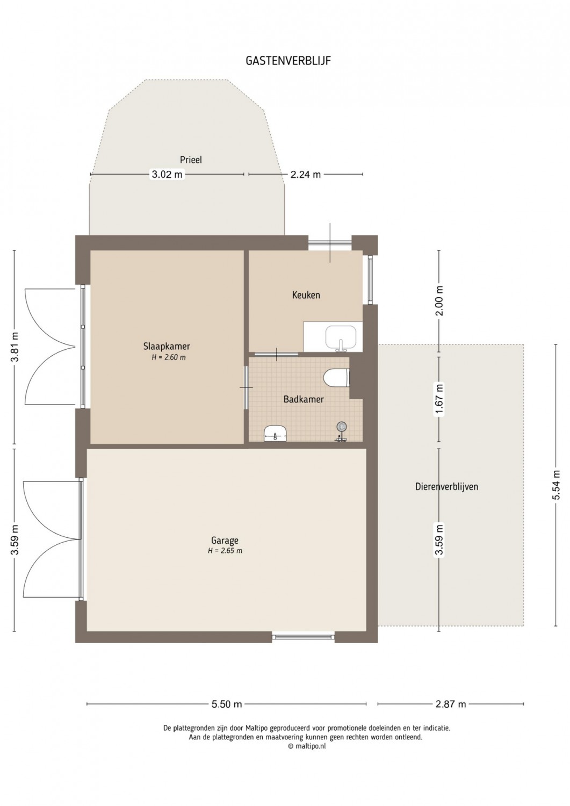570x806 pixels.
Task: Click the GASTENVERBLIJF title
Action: coord(288,61)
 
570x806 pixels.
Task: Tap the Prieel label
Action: coord(191,160)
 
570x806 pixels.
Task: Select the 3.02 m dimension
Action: coord(167,175)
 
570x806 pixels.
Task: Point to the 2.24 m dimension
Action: coord(306,175)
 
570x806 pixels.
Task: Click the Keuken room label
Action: coord(306,295)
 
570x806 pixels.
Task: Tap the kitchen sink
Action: coord(341,338)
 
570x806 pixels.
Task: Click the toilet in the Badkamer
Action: coord(337,378)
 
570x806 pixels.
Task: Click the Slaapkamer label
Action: coord(167,347)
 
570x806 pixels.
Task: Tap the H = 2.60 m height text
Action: coord(169,358)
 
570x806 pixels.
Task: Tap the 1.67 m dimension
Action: coord(439,399)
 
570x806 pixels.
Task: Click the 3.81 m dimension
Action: coord(15,347)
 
